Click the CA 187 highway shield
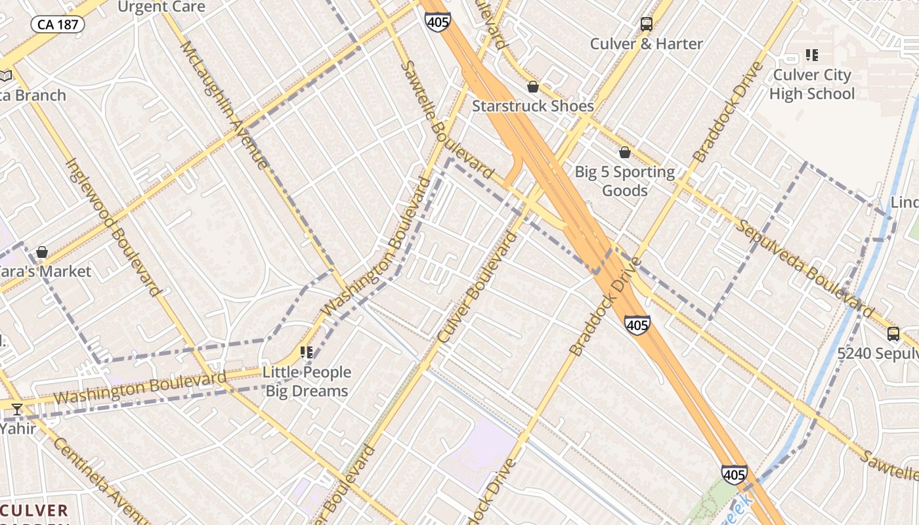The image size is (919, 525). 58,25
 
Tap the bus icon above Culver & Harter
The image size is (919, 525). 647,24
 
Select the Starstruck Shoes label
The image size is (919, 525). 533,106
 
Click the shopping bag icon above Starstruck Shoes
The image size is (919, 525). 533,87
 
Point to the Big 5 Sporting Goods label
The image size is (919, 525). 624,181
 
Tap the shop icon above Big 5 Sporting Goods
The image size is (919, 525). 625,152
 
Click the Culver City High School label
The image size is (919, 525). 812,84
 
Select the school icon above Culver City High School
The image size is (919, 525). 812,55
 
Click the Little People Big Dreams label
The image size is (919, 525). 307,381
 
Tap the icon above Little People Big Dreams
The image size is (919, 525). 307,352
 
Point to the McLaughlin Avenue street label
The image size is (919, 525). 223,105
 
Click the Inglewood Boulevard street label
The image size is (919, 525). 113,226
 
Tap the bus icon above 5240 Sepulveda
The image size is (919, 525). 893,333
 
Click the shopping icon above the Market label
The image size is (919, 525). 42,252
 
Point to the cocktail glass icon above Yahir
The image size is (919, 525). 17,409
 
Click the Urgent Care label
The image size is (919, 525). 161,7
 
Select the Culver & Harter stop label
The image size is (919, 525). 647,44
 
